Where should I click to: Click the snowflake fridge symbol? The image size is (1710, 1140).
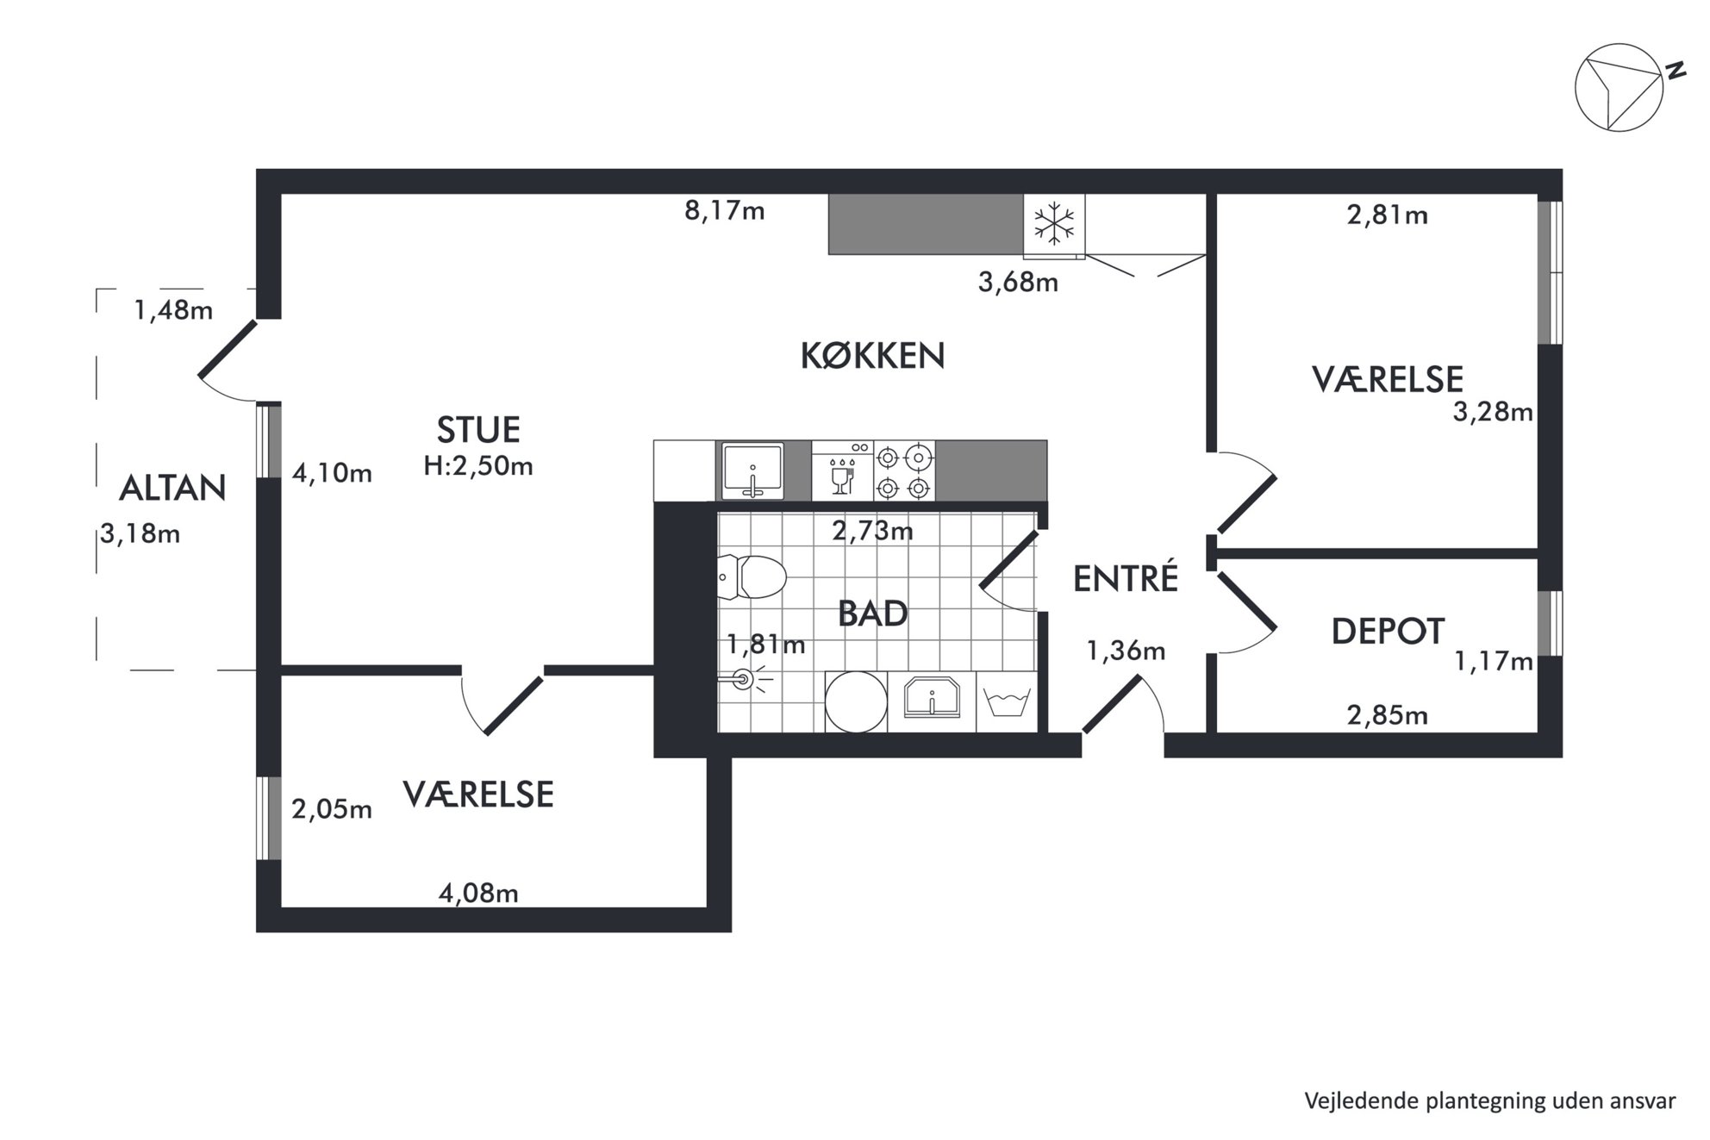[x=1054, y=224]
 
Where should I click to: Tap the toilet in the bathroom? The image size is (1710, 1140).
[x=752, y=576]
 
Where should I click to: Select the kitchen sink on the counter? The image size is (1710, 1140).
[x=752, y=470]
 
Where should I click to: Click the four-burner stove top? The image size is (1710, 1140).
[x=904, y=470]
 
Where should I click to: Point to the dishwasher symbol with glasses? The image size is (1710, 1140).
[x=842, y=470]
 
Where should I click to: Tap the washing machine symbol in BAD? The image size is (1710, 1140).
[x=1007, y=702]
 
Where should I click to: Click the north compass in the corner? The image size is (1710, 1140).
[x=1620, y=87]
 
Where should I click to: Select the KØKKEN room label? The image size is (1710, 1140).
[x=872, y=356]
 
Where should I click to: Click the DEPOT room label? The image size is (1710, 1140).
[x=1388, y=632]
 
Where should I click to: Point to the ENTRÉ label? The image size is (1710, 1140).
[x=1125, y=578]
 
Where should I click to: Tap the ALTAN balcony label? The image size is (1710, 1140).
[x=172, y=489]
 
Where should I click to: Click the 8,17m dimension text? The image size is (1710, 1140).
[x=725, y=211]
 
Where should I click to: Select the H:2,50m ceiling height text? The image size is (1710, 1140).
[x=478, y=466]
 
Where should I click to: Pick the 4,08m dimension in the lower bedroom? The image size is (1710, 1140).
[x=478, y=894]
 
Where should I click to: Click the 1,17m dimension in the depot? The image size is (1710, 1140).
[x=1494, y=661]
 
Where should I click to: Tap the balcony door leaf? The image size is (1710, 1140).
[x=228, y=349]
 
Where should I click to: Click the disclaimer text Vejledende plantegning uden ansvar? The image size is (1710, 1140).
[x=1490, y=1101]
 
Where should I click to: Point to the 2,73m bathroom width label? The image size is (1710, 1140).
[x=872, y=531]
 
